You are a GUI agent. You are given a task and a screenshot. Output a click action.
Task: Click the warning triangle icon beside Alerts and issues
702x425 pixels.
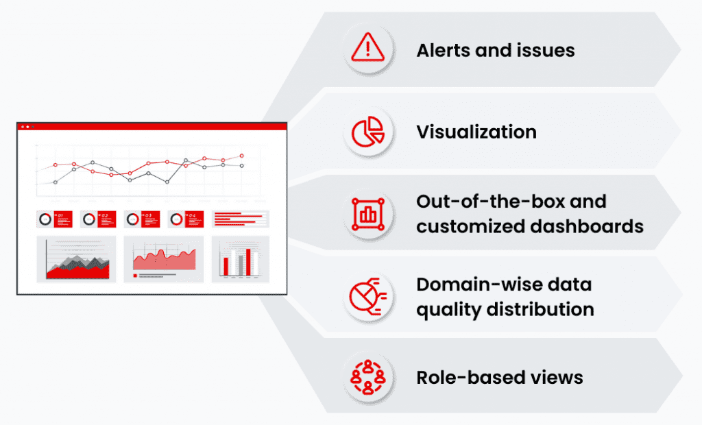click(x=368, y=49)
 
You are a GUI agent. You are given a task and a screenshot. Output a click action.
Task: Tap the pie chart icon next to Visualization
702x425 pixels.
click(x=368, y=132)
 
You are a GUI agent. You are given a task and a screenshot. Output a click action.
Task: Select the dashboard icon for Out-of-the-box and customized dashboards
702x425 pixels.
click(x=368, y=214)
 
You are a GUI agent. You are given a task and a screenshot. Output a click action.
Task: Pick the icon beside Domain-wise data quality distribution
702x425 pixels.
click(x=368, y=296)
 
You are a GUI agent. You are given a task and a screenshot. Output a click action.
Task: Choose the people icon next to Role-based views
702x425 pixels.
click(x=368, y=378)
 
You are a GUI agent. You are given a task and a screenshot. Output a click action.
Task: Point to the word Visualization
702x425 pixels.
click(x=476, y=132)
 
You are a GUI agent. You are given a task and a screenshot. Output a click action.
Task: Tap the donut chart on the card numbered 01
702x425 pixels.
click(x=46, y=219)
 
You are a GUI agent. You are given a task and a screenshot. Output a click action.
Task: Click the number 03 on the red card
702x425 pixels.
click(x=148, y=216)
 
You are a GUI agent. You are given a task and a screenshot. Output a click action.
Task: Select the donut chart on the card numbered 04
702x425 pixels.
click(x=176, y=219)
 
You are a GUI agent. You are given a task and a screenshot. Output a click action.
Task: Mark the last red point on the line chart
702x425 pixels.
click(x=241, y=156)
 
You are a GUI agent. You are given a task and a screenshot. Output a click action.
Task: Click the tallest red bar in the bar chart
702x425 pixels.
click(x=248, y=262)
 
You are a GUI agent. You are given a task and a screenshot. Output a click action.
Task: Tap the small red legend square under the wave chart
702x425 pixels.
click(x=134, y=276)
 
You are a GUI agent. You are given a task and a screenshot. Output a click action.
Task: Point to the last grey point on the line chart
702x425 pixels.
click(x=241, y=165)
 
